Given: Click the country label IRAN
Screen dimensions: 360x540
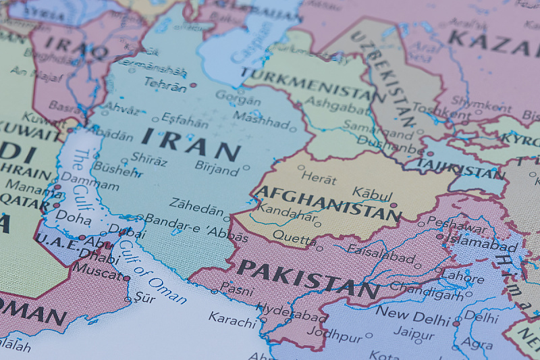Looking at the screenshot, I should (x=190, y=144).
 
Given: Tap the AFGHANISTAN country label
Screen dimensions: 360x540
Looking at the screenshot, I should (x=328, y=203).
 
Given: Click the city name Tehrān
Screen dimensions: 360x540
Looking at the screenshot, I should (x=165, y=86).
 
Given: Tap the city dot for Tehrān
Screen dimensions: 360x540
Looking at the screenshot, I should (x=193, y=86).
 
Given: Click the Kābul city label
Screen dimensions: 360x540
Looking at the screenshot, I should (x=372, y=192).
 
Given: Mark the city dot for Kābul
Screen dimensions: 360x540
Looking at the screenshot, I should (x=394, y=205).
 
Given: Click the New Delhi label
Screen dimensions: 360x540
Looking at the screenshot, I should (x=412, y=313).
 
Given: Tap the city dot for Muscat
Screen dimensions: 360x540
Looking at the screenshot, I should (x=126, y=278).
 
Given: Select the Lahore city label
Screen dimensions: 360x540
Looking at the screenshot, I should (x=462, y=278).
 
